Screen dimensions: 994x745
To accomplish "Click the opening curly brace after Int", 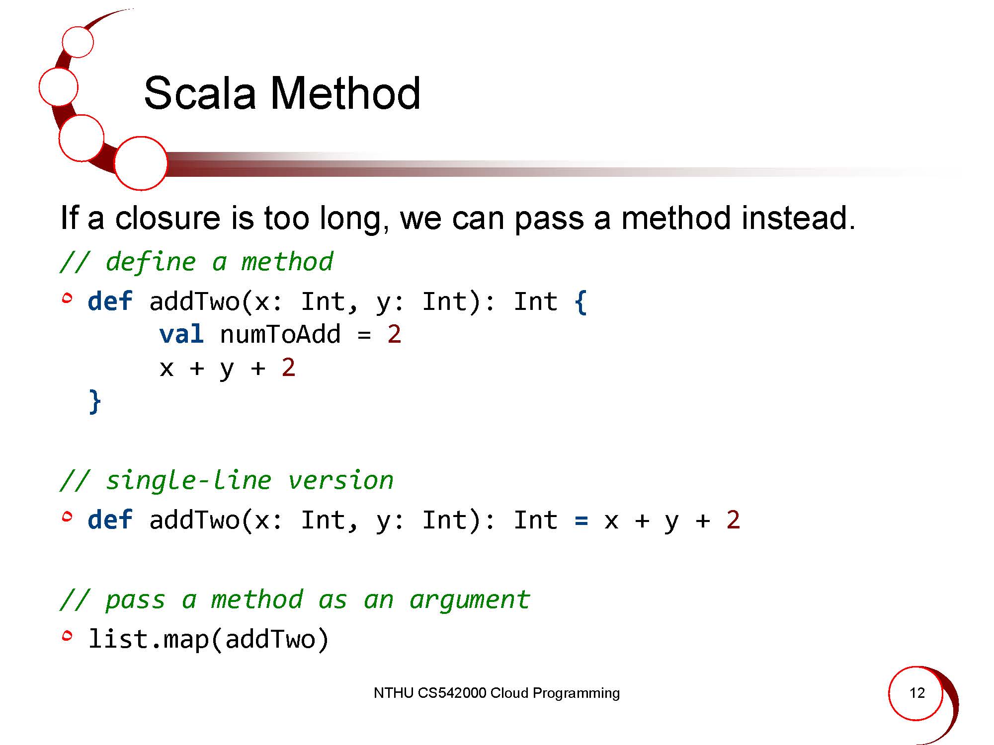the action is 580,302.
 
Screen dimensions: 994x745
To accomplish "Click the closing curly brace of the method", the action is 95,401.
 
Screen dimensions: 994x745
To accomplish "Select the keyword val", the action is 181,334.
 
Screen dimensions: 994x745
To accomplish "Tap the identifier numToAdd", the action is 280,334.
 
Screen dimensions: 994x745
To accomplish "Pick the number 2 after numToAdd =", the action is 394,334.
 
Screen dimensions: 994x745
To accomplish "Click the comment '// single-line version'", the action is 227,480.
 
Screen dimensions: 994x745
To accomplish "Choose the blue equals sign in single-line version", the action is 581,521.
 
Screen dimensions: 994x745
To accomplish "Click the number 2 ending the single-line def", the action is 733,520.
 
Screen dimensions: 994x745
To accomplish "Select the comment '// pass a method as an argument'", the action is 295,599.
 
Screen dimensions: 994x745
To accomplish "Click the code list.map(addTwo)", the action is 208,639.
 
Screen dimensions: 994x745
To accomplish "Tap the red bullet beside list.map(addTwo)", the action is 67,635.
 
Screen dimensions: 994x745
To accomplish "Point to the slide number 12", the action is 917,693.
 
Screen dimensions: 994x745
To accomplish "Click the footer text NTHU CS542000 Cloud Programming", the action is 497,693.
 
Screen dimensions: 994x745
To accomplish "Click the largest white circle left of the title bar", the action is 141,163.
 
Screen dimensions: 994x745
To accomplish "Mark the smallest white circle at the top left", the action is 78,42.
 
